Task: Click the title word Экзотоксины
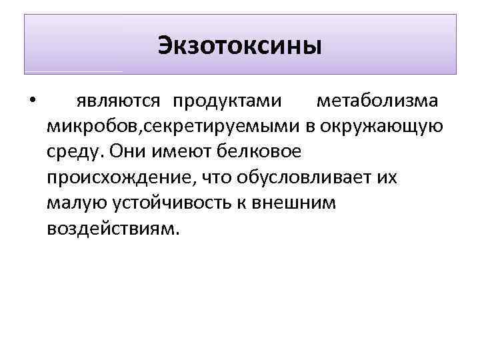point(240,46)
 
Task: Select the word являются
point(118,101)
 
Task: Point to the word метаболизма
point(377,101)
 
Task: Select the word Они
point(123,151)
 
